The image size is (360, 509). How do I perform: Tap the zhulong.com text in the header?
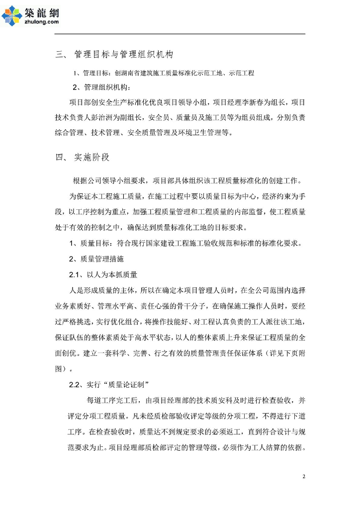pos(41,22)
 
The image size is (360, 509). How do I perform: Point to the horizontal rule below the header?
pos(180,34)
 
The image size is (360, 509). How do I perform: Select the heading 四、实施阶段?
pos(82,158)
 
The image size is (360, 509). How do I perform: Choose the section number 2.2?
pos(75,384)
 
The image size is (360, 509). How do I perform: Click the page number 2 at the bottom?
pos(304,477)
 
